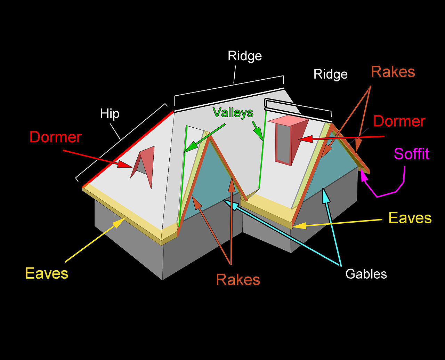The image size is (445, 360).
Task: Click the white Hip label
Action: coord(110,114)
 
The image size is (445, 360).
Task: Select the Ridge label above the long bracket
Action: coord(245,56)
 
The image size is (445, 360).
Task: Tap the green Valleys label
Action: coord(233,112)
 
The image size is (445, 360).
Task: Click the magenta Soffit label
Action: coord(412,154)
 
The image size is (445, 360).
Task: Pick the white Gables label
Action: coord(366,274)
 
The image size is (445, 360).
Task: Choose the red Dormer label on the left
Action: coord(55,137)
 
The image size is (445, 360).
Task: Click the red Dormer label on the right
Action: coord(399,121)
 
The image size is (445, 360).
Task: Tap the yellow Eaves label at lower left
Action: coord(47,273)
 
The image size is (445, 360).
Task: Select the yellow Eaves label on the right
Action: coord(410,218)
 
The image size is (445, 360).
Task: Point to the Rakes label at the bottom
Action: coord(238,280)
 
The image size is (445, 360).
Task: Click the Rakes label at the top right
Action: coord(393,72)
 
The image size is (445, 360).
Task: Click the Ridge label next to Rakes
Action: coord(330,74)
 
